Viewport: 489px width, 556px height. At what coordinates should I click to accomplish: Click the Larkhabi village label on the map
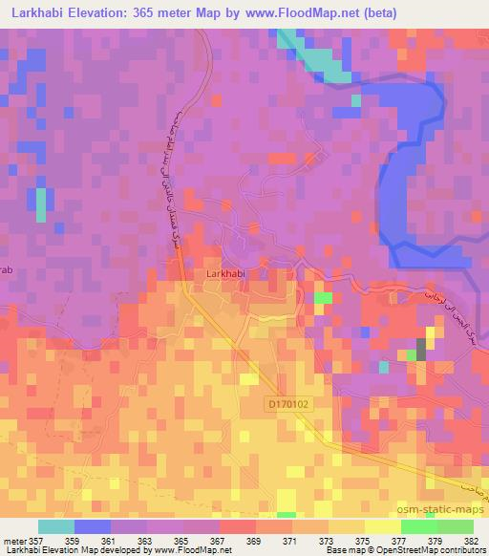coord(226,274)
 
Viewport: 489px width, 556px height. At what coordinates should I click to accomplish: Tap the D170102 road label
coord(289,405)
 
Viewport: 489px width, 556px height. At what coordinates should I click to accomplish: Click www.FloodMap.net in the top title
coord(291,12)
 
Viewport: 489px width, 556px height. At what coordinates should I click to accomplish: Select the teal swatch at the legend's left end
coord(56,525)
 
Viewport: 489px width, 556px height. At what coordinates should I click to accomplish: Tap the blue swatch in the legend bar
coord(93,525)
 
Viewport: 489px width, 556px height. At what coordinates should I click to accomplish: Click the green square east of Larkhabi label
coord(324,298)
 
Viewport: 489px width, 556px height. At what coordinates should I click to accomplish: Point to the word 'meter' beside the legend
coord(16,540)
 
